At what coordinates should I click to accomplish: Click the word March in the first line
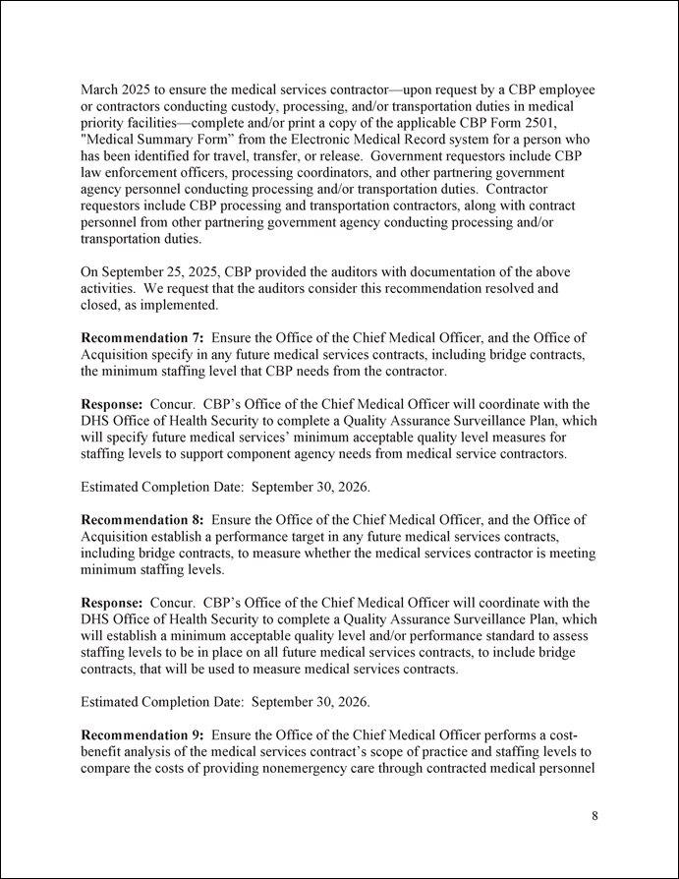click(101, 90)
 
